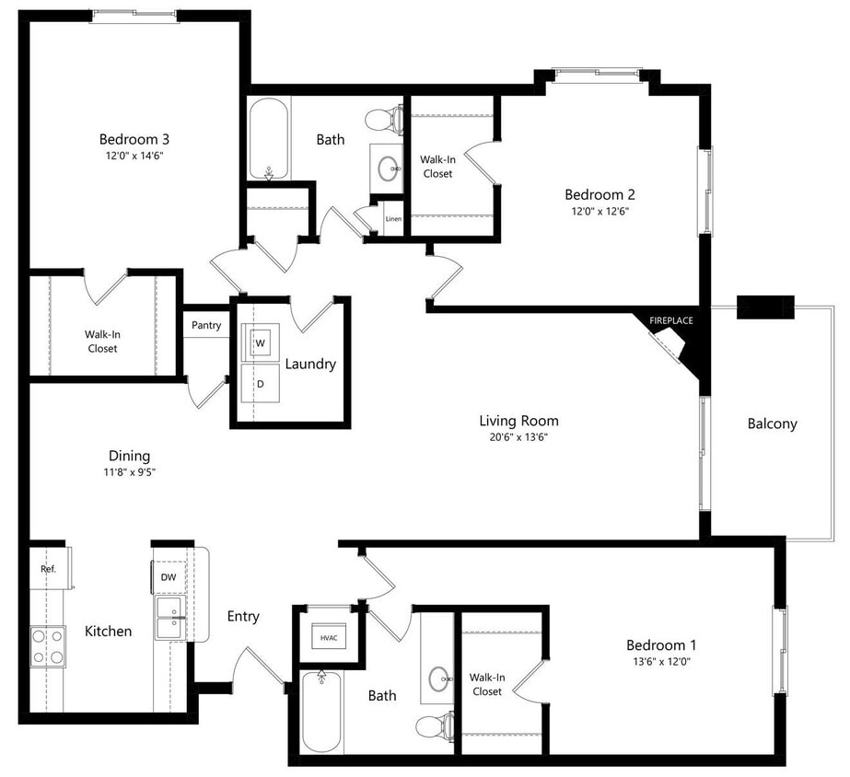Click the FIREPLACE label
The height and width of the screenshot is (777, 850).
click(x=670, y=320)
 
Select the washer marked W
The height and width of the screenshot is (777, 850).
click(x=260, y=342)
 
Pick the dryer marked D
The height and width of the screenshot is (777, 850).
click(x=260, y=383)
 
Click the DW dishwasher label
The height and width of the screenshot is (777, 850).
click(x=168, y=577)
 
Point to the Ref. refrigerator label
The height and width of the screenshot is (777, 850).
click(x=49, y=569)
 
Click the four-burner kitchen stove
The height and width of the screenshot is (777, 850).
click(x=48, y=645)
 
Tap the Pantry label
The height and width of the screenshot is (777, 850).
click(x=206, y=325)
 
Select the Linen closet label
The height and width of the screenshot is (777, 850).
click(x=393, y=219)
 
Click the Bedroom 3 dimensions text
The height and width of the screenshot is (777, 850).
click(x=134, y=157)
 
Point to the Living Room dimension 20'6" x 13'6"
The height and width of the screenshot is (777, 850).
click(x=518, y=437)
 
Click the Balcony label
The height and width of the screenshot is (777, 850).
click(x=772, y=423)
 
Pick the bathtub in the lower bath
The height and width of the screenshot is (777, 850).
click(x=321, y=711)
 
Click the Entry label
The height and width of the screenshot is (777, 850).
click(x=243, y=616)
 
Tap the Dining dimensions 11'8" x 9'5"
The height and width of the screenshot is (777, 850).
click(x=129, y=472)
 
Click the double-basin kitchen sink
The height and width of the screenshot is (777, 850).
click(x=170, y=617)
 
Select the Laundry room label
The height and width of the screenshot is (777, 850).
click(x=310, y=364)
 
